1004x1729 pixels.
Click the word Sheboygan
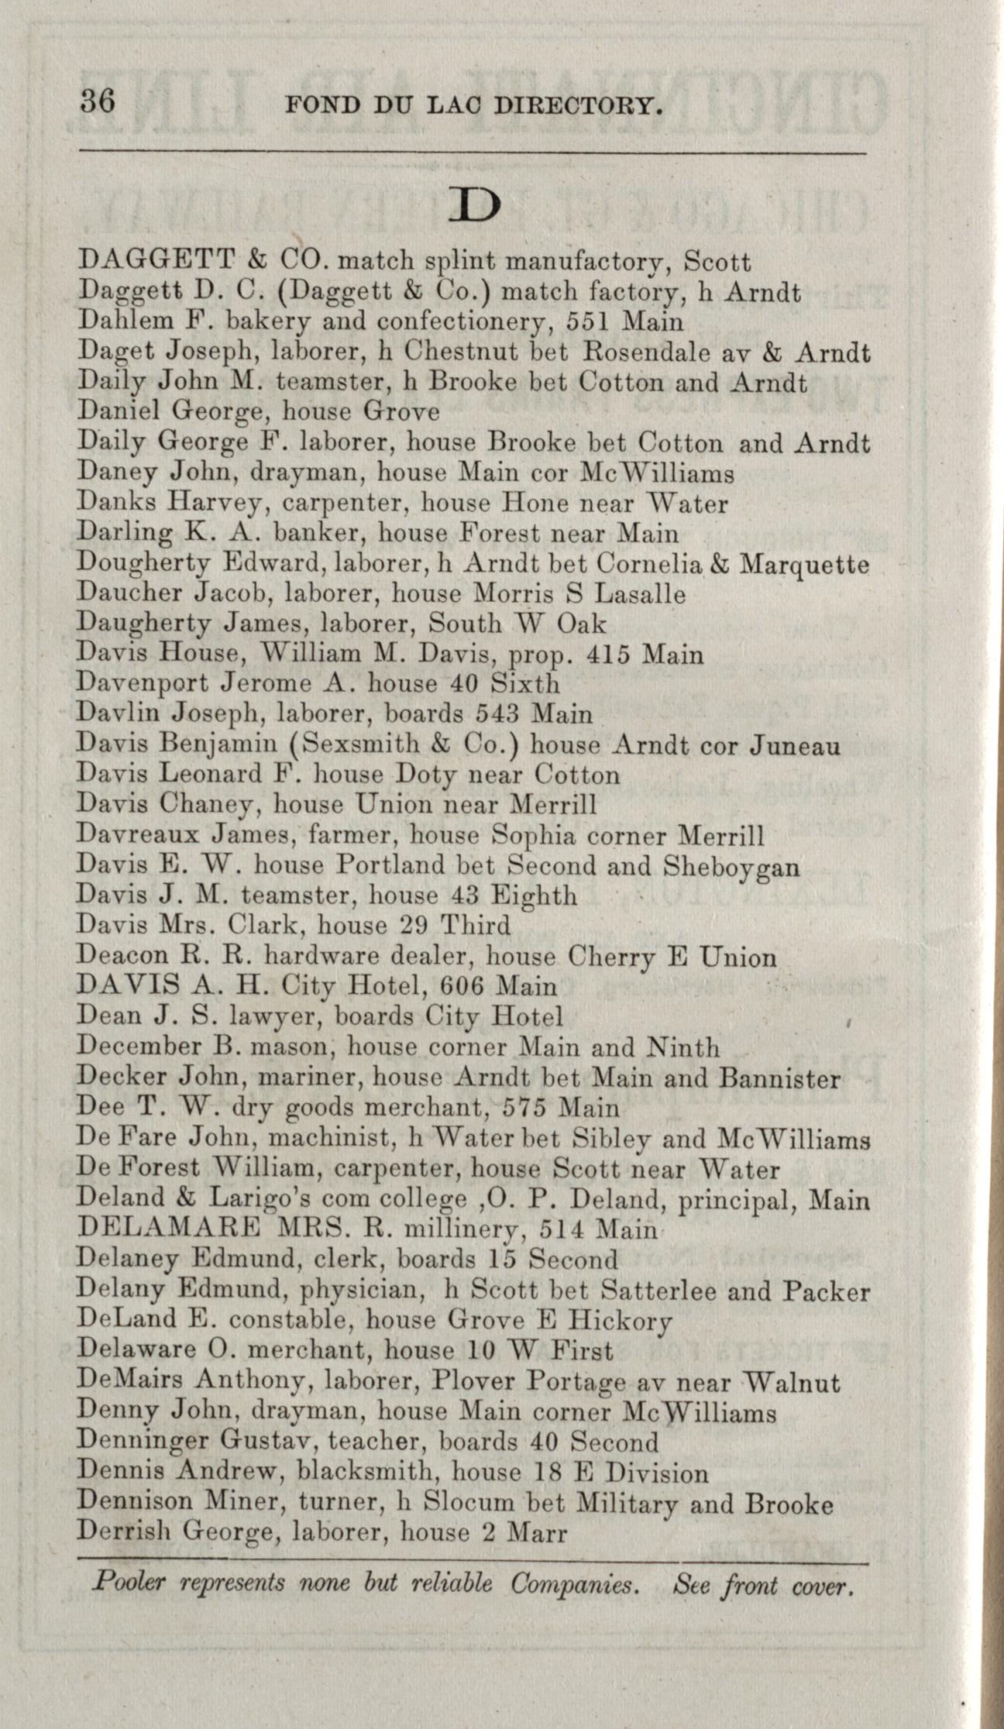coord(731,867)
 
